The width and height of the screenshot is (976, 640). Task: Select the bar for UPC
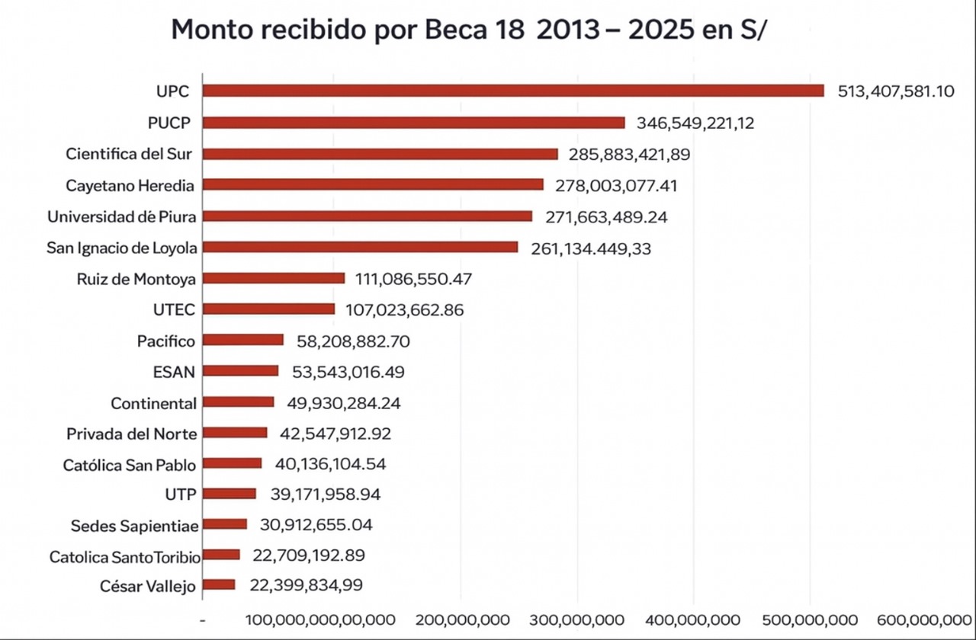point(513,91)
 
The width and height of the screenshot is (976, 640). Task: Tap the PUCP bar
point(414,123)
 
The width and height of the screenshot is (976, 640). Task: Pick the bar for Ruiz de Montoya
point(274,279)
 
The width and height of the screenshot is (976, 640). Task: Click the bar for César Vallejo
point(219,585)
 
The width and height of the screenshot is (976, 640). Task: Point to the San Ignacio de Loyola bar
point(360,248)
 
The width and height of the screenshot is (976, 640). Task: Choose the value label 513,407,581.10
point(896,92)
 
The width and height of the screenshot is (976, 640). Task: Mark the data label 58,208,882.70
point(353,341)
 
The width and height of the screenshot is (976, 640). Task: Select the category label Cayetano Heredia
point(130,185)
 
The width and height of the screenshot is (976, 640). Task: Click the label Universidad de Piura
point(122,217)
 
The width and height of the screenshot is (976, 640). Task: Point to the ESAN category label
point(174,373)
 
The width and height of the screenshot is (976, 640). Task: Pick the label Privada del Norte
point(132,434)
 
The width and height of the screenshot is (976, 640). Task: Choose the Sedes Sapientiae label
point(135,526)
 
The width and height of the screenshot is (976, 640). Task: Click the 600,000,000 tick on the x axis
point(927,620)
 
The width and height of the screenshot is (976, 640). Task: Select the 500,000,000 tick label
point(810,620)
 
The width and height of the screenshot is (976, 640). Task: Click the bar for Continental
point(239,402)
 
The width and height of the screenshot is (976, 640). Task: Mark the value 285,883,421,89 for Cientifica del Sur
point(629,155)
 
